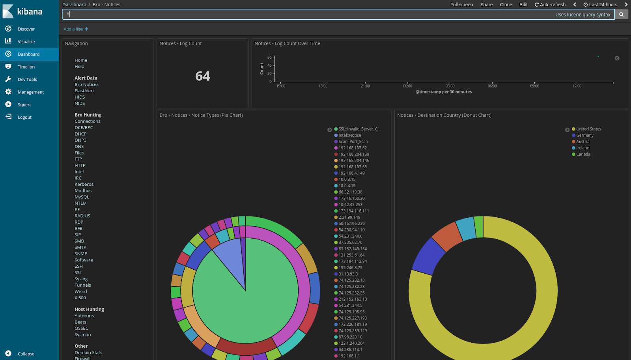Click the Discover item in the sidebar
click(x=26, y=29)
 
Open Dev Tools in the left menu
click(x=27, y=80)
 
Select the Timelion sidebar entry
click(x=26, y=67)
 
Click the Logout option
click(x=24, y=118)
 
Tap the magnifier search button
click(x=621, y=15)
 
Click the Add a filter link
click(x=76, y=29)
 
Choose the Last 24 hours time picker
click(x=601, y=5)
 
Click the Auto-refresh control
click(x=550, y=5)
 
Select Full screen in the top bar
click(x=461, y=5)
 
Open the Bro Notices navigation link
click(x=86, y=84)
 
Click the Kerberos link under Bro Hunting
click(x=84, y=185)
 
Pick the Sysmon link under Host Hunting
click(x=82, y=335)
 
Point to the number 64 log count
click(x=203, y=76)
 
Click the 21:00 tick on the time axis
click(x=365, y=86)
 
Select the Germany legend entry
click(x=584, y=135)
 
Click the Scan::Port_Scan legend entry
click(x=353, y=142)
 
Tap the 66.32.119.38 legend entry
click(x=350, y=192)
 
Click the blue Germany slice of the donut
click(x=428, y=256)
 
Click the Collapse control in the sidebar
click(x=26, y=354)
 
